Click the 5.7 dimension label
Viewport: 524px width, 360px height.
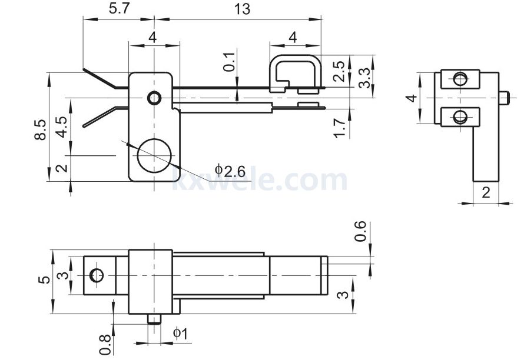tap(119, 8)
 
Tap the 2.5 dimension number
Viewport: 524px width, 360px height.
tap(339, 71)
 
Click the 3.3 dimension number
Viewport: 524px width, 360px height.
tap(364, 78)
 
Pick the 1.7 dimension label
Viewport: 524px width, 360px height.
tap(339, 128)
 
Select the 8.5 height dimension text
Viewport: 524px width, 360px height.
tap(41, 129)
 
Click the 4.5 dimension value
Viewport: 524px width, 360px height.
tap(62, 127)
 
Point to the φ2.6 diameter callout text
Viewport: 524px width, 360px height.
tap(230, 171)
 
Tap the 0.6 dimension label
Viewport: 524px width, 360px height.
tap(360, 231)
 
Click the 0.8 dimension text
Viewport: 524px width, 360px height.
tap(105, 345)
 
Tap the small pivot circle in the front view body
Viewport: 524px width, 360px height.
tap(154, 98)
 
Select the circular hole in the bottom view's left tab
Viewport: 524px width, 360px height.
tap(97, 275)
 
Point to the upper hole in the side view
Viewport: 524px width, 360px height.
tap(460, 79)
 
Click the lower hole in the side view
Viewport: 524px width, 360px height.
tap(460, 116)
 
